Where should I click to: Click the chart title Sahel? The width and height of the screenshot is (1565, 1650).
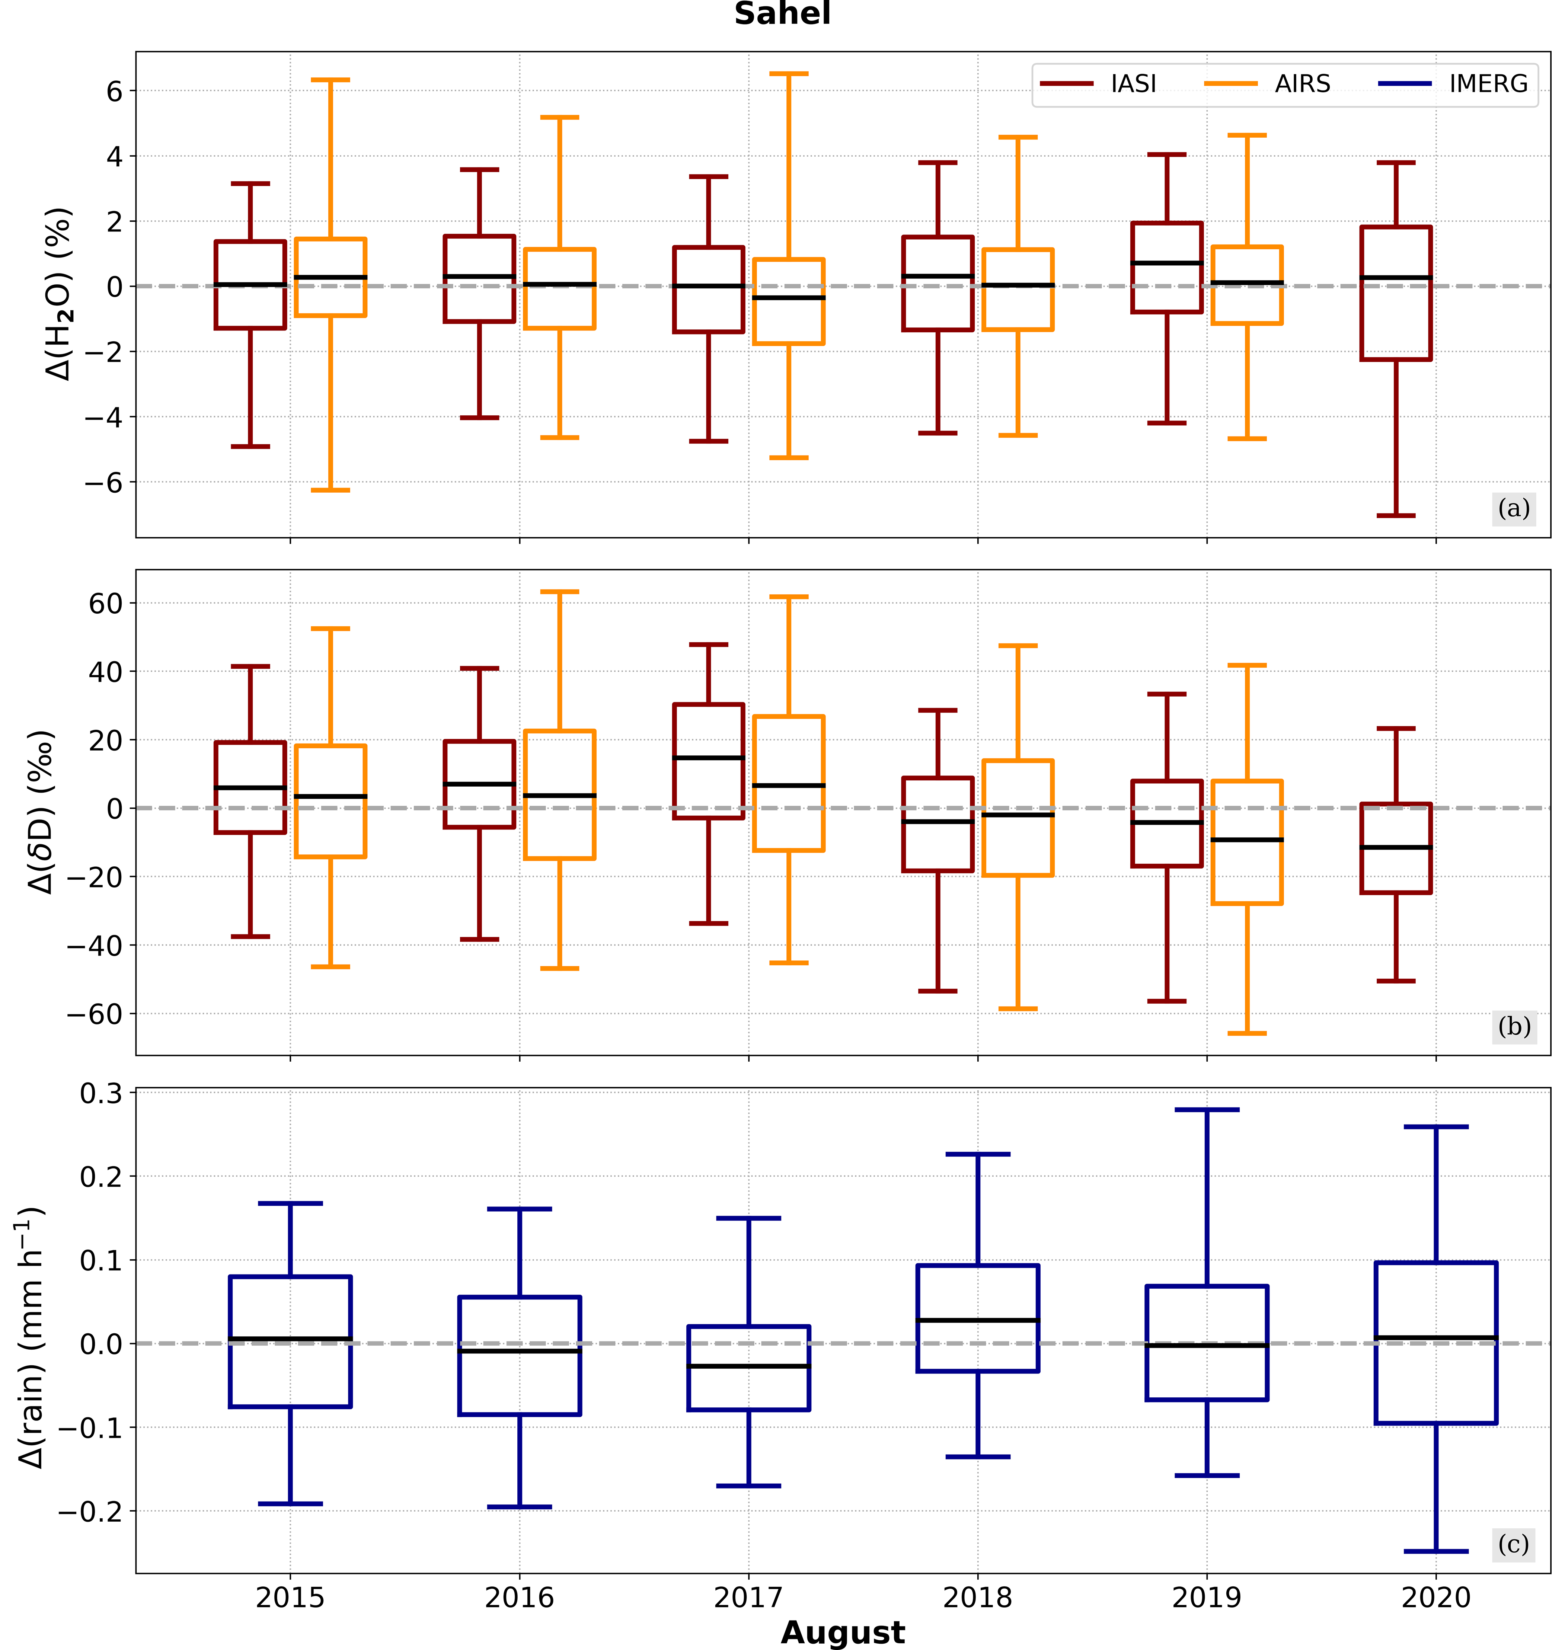(782, 14)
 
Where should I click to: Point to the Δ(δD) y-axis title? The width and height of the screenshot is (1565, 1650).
(40, 812)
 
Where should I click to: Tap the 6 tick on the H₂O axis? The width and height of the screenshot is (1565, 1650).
(114, 91)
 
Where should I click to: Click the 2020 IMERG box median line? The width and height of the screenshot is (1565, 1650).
(1436, 1338)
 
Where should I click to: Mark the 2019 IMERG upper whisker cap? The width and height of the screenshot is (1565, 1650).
(1207, 1110)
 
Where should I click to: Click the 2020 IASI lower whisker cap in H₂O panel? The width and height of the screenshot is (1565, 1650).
(1396, 515)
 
